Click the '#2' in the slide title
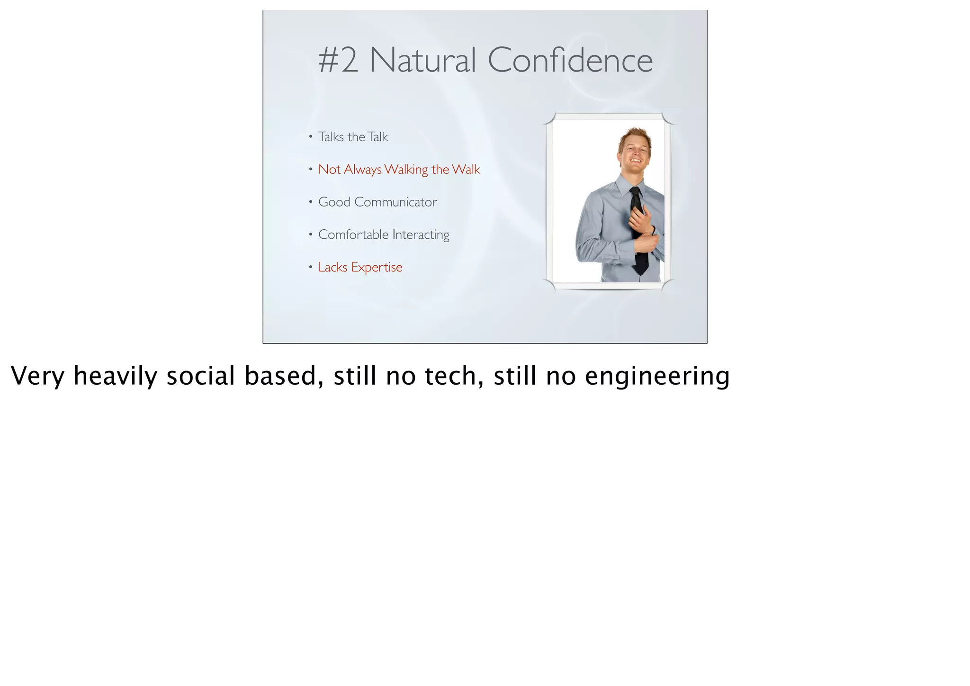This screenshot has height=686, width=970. tap(338, 61)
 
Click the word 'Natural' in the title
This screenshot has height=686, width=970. tap(422, 61)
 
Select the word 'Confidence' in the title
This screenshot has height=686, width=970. tap(570, 61)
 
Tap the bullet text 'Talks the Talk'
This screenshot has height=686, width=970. tap(353, 137)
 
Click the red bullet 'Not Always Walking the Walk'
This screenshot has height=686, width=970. tap(399, 170)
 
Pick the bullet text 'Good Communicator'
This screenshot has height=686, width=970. tap(377, 202)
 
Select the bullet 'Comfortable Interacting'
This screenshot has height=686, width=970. tap(384, 235)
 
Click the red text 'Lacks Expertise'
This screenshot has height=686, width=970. tap(360, 267)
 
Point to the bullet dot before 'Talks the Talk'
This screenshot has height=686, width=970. tap(311, 137)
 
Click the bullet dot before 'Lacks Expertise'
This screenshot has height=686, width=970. tap(311, 267)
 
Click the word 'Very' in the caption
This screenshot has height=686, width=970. tap(37, 376)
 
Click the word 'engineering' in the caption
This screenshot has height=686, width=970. tap(657, 376)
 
